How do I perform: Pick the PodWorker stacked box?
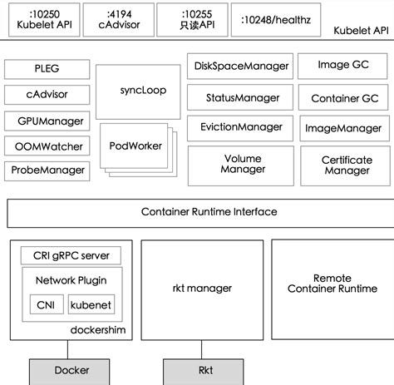135,146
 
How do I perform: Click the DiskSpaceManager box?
241,66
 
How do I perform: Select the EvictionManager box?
241,127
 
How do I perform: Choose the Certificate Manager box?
346,165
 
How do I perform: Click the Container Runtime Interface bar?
197,212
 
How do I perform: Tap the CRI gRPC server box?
71,255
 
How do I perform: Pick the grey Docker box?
71,370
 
